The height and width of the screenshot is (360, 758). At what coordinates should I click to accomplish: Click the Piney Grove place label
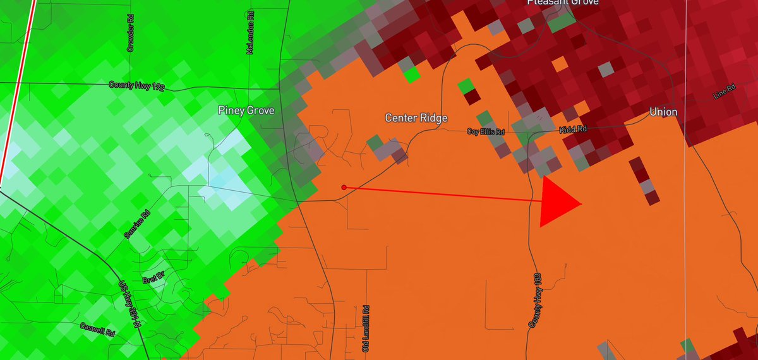point(246,111)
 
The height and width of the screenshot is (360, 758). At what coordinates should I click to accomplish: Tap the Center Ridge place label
point(416,118)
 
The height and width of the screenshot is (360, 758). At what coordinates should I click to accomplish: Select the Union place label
point(663,112)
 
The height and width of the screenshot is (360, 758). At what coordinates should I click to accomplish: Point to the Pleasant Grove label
point(563,3)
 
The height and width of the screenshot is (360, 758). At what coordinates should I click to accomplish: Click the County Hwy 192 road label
point(136,86)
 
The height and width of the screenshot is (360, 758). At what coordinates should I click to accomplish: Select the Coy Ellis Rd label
point(485,131)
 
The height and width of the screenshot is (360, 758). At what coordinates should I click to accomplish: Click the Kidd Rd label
point(574,129)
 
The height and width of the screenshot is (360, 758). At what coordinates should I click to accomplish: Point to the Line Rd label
point(724,91)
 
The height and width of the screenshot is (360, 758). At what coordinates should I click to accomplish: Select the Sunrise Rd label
point(137,224)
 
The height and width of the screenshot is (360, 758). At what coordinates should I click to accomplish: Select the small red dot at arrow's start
point(344,187)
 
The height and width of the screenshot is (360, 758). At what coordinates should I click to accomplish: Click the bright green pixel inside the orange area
point(412,75)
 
